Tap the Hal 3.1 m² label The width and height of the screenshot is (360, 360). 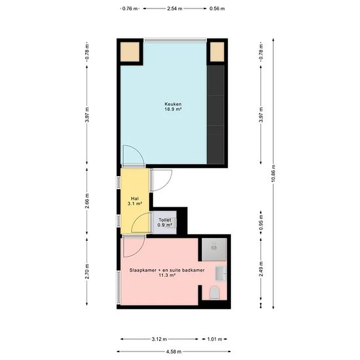135,201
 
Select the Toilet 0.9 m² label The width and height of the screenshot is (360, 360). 164,223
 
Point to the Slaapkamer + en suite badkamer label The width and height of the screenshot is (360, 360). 167,270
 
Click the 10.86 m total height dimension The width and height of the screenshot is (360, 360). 273,173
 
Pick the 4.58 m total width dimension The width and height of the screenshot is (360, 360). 173,351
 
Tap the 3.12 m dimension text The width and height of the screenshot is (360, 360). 159,339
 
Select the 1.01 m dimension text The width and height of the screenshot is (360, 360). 215,339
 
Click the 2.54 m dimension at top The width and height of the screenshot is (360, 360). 175,9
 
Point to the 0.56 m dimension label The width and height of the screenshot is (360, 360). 217,9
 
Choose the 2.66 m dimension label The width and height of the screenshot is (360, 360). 87,201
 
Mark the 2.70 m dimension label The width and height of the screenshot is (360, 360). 87,272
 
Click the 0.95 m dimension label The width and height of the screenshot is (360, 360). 261,223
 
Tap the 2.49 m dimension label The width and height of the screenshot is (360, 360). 261,269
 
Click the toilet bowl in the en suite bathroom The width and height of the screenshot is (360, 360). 215,293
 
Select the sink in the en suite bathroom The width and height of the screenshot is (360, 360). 221,273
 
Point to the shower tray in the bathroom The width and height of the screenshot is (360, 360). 214,249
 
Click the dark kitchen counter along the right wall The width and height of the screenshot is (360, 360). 215,115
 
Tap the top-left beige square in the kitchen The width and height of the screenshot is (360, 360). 130,52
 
